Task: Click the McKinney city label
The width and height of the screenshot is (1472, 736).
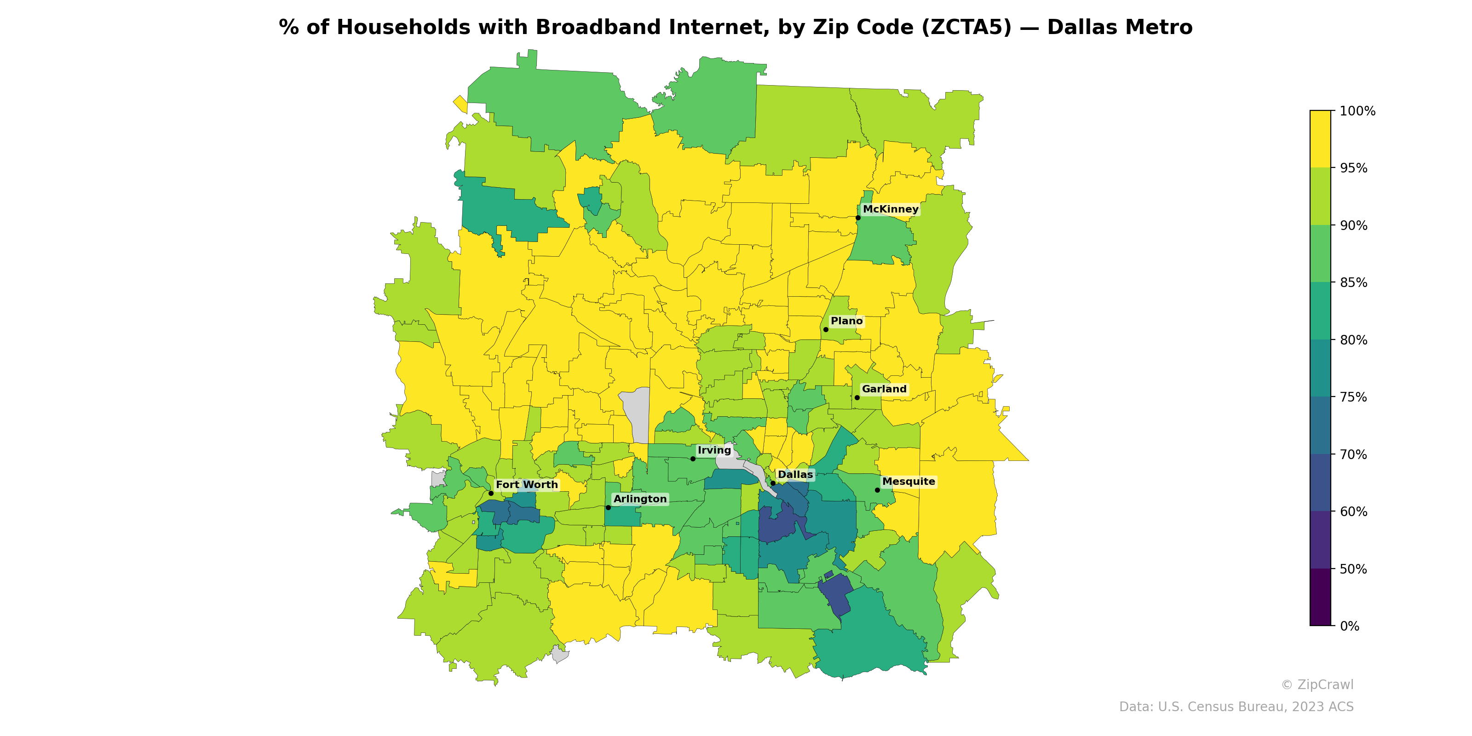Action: (890, 209)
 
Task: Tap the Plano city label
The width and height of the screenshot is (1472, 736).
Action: (846, 321)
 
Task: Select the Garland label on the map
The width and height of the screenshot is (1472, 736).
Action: (884, 389)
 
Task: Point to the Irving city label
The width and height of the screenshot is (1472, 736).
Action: (714, 450)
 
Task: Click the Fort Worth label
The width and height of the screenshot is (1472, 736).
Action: (526, 484)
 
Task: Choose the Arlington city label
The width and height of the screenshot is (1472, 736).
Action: (640, 499)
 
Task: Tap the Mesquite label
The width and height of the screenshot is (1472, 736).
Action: (908, 482)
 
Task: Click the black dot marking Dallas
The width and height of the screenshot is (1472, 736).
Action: (773, 483)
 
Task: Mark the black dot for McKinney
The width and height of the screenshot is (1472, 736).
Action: (858, 218)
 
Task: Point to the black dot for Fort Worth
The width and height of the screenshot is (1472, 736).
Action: (491, 493)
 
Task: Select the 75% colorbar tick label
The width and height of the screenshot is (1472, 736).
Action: (1353, 397)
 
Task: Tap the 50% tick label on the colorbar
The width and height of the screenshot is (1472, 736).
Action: (1353, 569)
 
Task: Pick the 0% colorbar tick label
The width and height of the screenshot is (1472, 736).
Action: (1350, 626)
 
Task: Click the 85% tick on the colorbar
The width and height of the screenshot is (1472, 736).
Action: (1353, 283)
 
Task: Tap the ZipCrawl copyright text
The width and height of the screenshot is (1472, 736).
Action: (1317, 684)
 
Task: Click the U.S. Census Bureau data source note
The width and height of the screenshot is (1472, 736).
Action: (1236, 707)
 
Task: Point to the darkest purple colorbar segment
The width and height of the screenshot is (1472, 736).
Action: (1320, 597)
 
